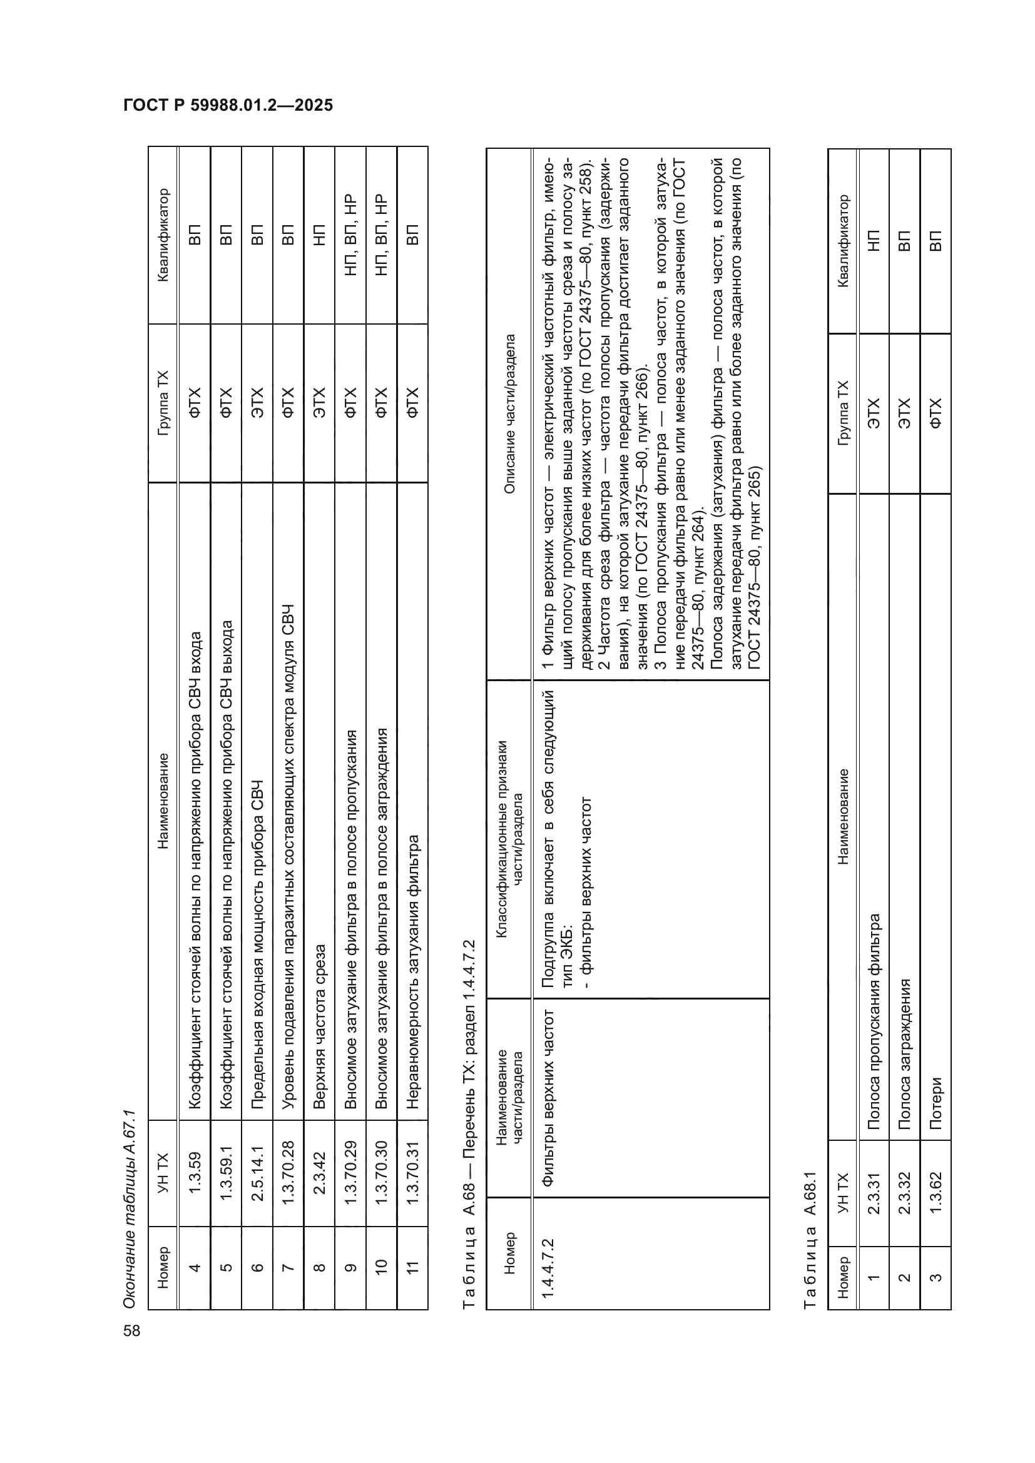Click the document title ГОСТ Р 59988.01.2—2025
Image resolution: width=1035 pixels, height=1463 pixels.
tap(228, 105)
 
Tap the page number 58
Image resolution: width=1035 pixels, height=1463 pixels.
tap(132, 1330)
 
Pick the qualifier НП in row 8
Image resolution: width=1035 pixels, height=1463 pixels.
tap(319, 235)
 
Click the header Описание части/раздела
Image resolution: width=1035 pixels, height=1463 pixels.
tap(509, 414)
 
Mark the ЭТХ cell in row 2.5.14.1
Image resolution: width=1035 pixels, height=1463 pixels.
tap(257, 402)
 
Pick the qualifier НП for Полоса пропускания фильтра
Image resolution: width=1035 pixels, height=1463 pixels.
tap(874, 240)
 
